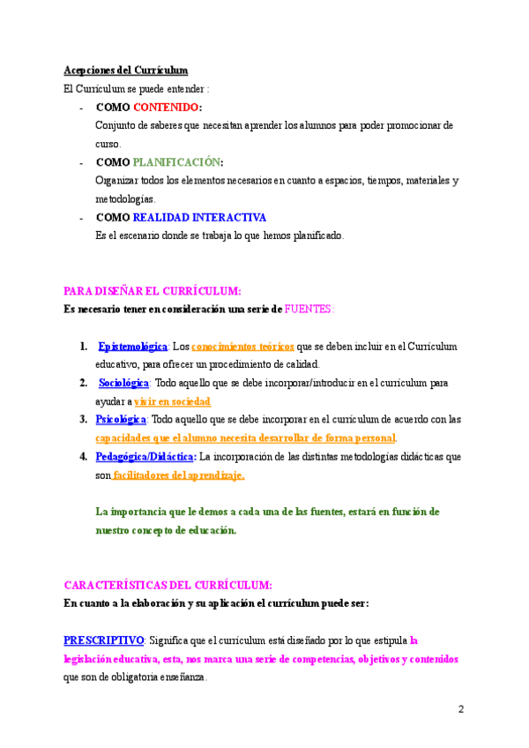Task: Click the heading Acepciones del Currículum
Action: point(125,70)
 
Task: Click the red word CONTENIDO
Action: point(167,107)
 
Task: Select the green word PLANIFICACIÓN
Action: point(175,162)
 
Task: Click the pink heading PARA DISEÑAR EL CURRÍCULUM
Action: point(153,291)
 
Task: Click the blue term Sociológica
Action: point(124,383)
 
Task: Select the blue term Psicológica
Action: point(121,420)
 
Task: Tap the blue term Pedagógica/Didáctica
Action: point(145,457)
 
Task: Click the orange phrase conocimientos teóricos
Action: point(242,347)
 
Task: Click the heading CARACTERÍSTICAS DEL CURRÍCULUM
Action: point(168,585)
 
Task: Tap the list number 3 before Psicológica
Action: point(83,420)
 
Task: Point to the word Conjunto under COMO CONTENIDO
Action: point(115,125)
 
